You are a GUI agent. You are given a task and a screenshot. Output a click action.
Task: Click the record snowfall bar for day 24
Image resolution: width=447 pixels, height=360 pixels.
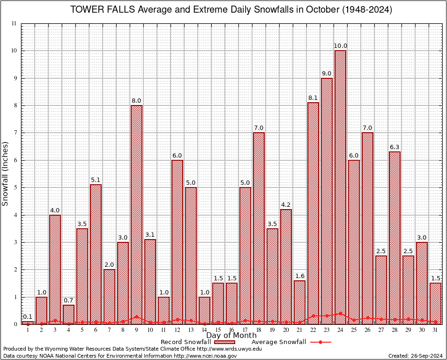(x=341, y=187)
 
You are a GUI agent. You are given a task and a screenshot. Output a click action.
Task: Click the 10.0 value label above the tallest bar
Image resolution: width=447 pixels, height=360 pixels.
(x=341, y=46)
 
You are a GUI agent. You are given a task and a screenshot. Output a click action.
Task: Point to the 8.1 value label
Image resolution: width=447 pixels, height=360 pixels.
(x=313, y=98)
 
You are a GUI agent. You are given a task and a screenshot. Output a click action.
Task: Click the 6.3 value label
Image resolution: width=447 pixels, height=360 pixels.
(x=395, y=147)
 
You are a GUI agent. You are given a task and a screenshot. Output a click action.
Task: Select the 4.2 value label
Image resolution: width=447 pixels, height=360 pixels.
(x=286, y=205)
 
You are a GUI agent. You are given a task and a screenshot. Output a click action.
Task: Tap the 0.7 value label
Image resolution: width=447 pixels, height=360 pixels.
(x=68, y=300)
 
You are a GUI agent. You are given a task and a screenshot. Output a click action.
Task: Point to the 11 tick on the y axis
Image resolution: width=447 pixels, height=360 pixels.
(x=15, y=23)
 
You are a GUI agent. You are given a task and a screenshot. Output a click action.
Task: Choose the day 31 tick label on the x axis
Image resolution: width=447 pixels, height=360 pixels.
(x=436, y=330)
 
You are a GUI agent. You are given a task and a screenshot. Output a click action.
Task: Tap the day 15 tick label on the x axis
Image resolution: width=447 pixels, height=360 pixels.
(x=218, y=330)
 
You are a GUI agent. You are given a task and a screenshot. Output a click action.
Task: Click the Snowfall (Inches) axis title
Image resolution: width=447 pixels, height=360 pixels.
(x=6, y=174)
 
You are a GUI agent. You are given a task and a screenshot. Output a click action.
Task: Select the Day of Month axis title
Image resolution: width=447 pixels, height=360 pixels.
(x=231, y=335)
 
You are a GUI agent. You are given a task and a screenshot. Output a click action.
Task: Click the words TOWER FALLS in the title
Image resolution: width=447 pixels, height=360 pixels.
(x=101, y=10)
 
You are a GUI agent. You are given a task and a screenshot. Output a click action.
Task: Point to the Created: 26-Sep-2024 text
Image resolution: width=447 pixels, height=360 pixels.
(x=416, y=356)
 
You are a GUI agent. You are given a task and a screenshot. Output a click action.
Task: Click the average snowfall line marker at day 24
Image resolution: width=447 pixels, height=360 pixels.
(x=341, y=313)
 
